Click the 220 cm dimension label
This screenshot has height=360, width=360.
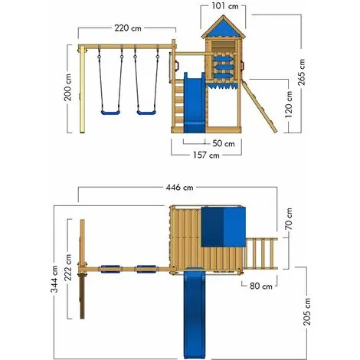(x=128, y=28)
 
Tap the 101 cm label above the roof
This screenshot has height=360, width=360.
(x=225, y=6)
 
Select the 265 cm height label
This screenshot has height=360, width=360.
(x=301, y=72)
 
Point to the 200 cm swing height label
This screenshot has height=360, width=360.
(x=67, y=87)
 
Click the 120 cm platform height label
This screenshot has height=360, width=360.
(x=289, y=104)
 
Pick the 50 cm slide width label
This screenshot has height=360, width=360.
(x=224, y=143)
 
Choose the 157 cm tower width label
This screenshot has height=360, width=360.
(x=206, y=155)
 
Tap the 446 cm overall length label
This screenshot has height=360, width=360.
(x=179, y=188)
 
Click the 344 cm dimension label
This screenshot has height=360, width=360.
(x=54, y=279)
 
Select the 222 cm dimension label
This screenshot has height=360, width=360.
(x=68, y=267)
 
